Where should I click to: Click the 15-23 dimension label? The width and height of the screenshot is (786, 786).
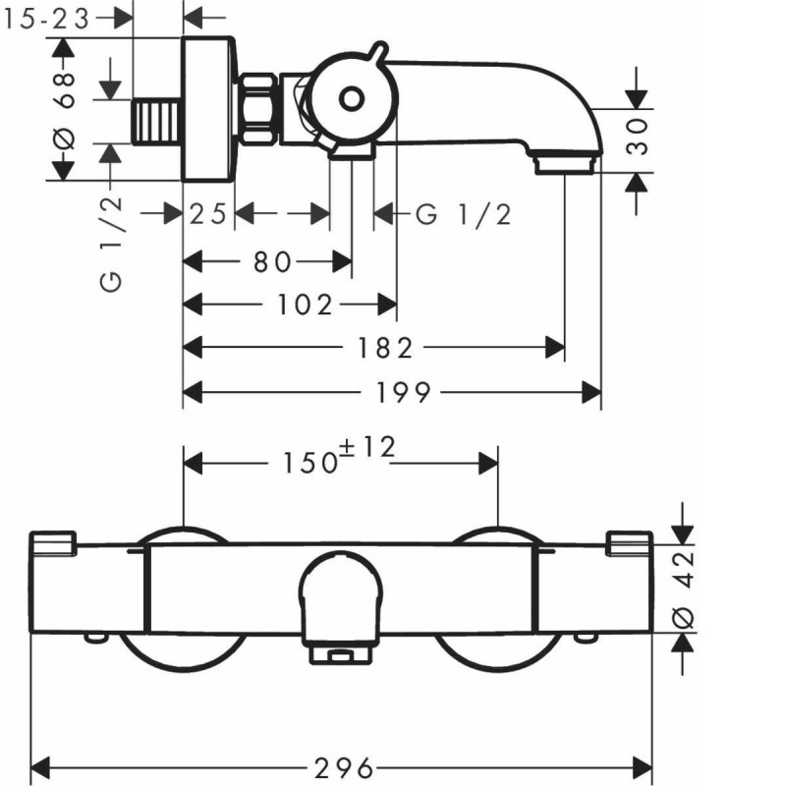click(x=46, y=20)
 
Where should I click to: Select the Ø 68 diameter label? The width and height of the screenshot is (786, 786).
click(x=65, y=110)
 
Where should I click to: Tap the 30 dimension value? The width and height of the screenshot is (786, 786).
click(x=637, y=137)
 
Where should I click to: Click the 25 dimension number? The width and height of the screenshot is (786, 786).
click(x=208, y=214)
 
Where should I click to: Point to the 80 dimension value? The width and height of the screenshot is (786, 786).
click(x=272, y=261)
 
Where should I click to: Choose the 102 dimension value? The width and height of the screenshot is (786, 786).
click(x=305, y=305)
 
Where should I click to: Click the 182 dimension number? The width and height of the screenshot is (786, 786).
click(x=385, y=348)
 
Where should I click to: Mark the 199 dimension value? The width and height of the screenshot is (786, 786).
click(x=404, y=392)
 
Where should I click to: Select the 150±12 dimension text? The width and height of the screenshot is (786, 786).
click(x=339, y=455)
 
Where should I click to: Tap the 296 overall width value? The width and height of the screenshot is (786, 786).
click(x=344, y=768)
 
